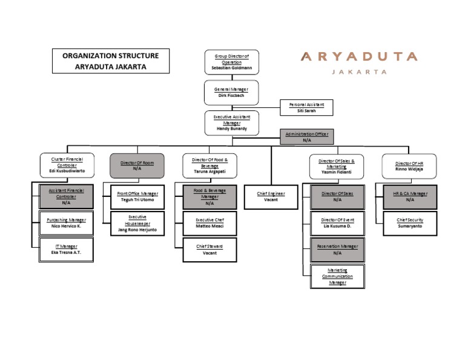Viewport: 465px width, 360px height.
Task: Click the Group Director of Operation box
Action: (231, 62)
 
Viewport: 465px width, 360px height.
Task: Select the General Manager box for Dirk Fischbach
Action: (231, 92)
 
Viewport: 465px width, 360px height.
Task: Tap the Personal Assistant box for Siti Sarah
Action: (306, 108)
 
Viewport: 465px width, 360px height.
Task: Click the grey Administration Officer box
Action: (306, 136)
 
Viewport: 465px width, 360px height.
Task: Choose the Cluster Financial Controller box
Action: (67, 165)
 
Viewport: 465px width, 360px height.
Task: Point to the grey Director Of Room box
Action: (137, 165)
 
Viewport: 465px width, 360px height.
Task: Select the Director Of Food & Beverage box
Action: (209, 165)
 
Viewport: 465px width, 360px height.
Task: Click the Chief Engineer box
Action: (271, 196)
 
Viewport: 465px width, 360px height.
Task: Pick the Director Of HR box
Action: (409, 165)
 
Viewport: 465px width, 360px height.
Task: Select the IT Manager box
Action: (67, 250)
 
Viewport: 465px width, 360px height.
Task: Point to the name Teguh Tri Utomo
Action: (137, 199)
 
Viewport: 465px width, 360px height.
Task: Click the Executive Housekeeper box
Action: (137, 223)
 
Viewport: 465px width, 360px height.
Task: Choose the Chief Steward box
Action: (210, 250)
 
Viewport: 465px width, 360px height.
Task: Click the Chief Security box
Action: (410, 223)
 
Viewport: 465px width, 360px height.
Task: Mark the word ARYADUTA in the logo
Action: (359, 57)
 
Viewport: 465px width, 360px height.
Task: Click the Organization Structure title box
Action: (110, 61)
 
